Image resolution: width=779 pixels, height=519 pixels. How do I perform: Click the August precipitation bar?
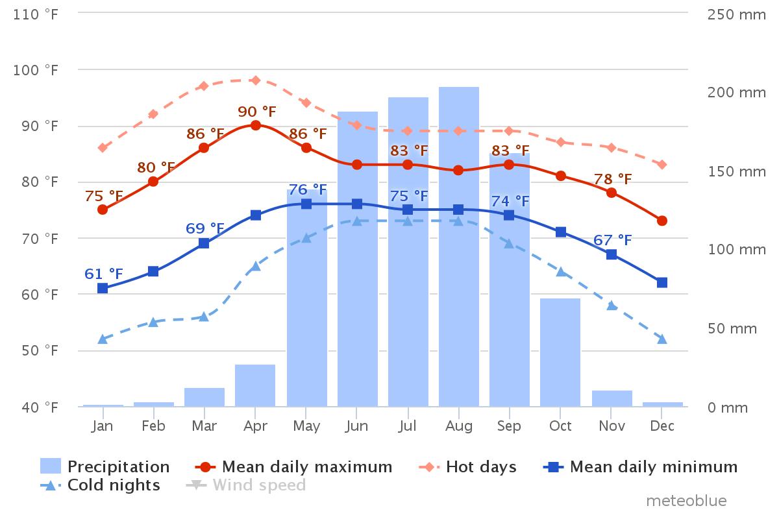point(459,247)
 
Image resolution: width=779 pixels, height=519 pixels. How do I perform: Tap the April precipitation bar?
point(255,385)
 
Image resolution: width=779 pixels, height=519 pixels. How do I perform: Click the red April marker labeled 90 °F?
point(256,125)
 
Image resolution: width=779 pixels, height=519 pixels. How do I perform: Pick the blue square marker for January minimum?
point(103,288)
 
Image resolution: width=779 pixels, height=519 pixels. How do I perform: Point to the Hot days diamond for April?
point(256,80)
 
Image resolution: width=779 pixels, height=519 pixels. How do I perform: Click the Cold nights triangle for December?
point(662,339)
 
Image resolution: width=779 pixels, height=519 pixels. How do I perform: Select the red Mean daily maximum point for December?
point(662,221)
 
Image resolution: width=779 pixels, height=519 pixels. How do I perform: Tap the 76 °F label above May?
point(307,190)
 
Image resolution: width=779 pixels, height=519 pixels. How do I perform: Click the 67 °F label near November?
point(612,241)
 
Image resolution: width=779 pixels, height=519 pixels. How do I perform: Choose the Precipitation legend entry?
point(105,466)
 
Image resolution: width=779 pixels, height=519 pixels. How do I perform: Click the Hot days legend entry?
point(467,466)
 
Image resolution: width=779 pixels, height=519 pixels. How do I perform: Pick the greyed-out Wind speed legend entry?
point(246,485)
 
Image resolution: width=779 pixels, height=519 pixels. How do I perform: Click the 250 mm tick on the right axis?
point(736,14)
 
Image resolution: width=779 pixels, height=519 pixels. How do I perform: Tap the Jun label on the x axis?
point(357,426)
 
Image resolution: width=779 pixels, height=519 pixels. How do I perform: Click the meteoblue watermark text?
point(686,501)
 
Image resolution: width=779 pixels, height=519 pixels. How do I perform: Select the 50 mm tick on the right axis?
point(732,328)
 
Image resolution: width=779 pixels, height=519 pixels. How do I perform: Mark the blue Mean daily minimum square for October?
point(560,232)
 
